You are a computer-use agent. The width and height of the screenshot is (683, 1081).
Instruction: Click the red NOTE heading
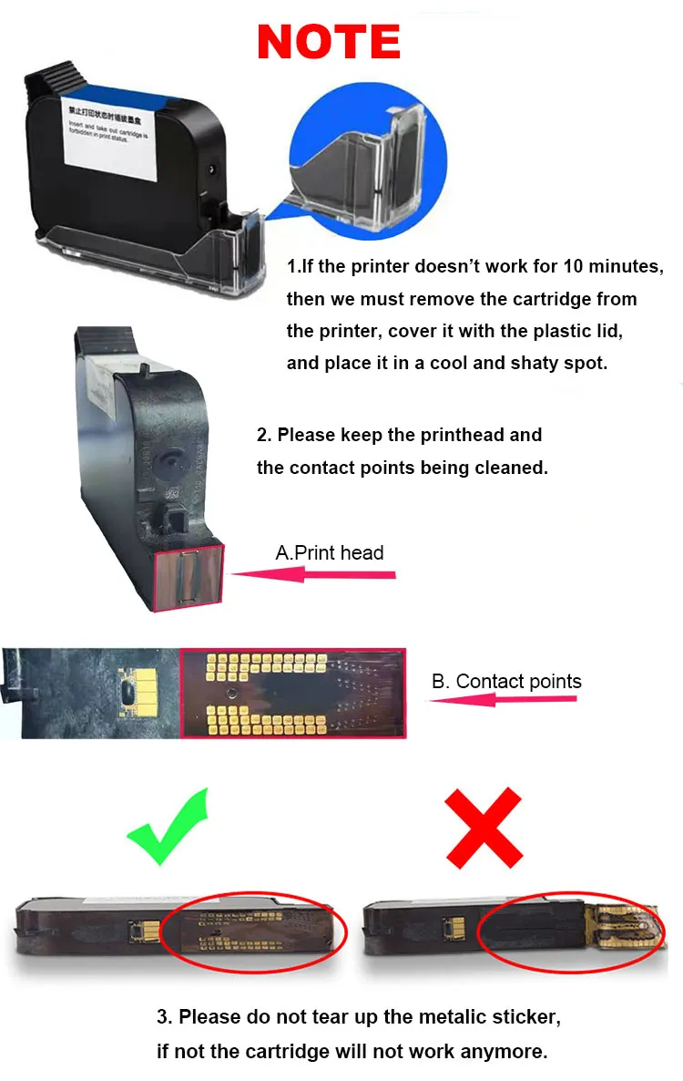point(329,42)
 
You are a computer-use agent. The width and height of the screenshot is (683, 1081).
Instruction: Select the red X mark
point(483,828)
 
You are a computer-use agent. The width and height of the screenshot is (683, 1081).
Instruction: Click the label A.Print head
point(330,552)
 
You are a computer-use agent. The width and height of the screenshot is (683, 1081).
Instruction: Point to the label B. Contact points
point(505,682)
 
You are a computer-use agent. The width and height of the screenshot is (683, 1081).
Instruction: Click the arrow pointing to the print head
point(314,574)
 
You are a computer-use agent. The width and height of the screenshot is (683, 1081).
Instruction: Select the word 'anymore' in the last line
point(506,1051)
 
